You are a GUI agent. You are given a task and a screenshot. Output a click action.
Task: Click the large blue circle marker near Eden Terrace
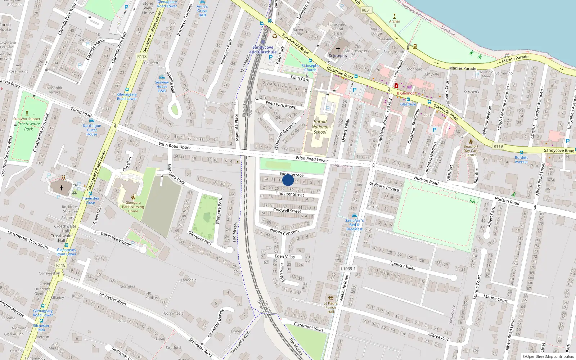(288, 180)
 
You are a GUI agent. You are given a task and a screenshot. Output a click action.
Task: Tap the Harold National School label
(320, 127)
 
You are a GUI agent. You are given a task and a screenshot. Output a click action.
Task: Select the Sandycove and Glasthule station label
(263, 50)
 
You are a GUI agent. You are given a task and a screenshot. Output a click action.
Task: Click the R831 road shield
(366, 10)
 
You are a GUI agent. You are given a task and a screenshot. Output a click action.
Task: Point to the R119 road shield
(498, 146)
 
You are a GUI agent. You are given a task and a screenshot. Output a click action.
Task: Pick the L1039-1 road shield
(348, 269)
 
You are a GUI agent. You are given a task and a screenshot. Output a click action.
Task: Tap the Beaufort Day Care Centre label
(471, 150)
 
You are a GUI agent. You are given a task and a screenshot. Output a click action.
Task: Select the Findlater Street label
(289, 194)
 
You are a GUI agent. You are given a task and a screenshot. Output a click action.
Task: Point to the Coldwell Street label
(287, 211)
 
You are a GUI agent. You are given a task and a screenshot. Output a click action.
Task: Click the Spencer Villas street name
(402, 266)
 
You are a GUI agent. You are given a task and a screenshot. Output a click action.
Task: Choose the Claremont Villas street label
(309, 327)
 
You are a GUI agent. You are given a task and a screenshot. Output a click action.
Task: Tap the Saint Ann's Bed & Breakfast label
(355, 225)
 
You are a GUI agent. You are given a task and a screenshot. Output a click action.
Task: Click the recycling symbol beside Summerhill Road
(275, 36)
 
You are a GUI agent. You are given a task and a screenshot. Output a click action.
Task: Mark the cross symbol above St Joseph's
(338, 49)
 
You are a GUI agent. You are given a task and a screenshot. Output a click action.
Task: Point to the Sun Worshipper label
(27, 119)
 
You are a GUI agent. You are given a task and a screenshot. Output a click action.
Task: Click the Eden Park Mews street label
(280, 105)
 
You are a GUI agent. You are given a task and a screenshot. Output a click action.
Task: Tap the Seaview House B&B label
(162, 86)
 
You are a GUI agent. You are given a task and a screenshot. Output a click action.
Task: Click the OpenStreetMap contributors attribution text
(548, 356)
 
